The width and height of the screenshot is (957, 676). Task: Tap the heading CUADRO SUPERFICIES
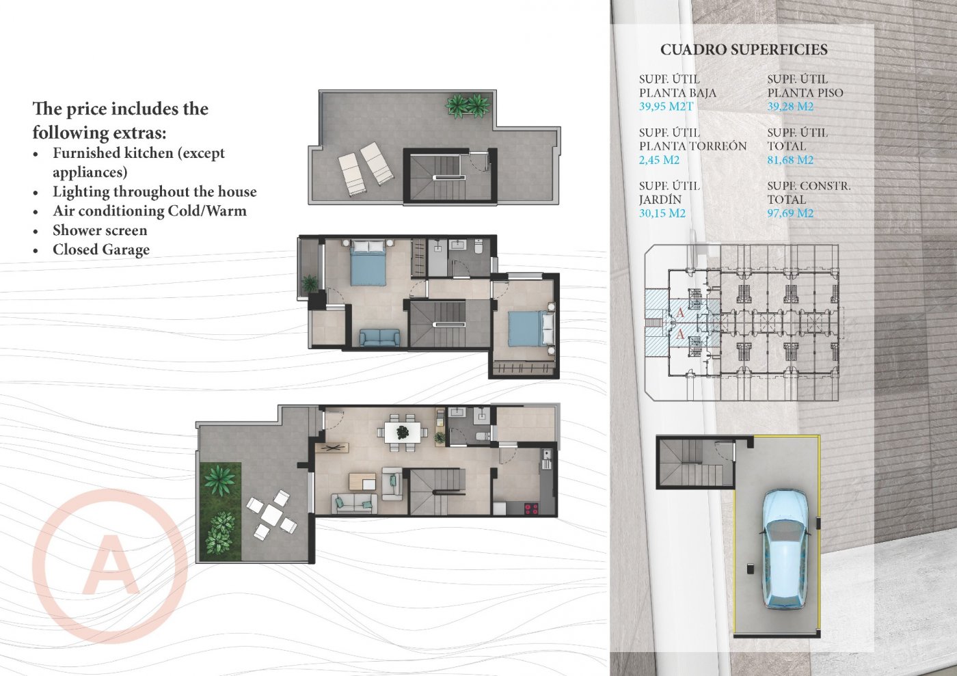pos(744,50)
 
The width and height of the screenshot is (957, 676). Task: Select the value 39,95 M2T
pos(666,107)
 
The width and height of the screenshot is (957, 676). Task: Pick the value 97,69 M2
pos(790,213)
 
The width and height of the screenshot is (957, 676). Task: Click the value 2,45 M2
pos(659,160)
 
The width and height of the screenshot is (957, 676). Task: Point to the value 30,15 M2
pos(662,213)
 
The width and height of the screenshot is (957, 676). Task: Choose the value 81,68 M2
pos(790,160)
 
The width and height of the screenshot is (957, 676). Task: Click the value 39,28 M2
pos(790,107)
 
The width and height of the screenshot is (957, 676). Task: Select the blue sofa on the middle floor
pos(380,338)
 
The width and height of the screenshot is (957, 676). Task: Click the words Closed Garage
pos(101,249)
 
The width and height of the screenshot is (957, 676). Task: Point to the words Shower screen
pos(100,230)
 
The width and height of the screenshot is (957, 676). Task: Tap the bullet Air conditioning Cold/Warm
pos(150,211)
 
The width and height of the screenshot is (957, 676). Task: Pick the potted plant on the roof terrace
pos(468,105)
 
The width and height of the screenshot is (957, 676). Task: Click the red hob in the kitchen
pos(530,508)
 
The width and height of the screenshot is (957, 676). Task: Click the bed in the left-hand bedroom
pos(368,263)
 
